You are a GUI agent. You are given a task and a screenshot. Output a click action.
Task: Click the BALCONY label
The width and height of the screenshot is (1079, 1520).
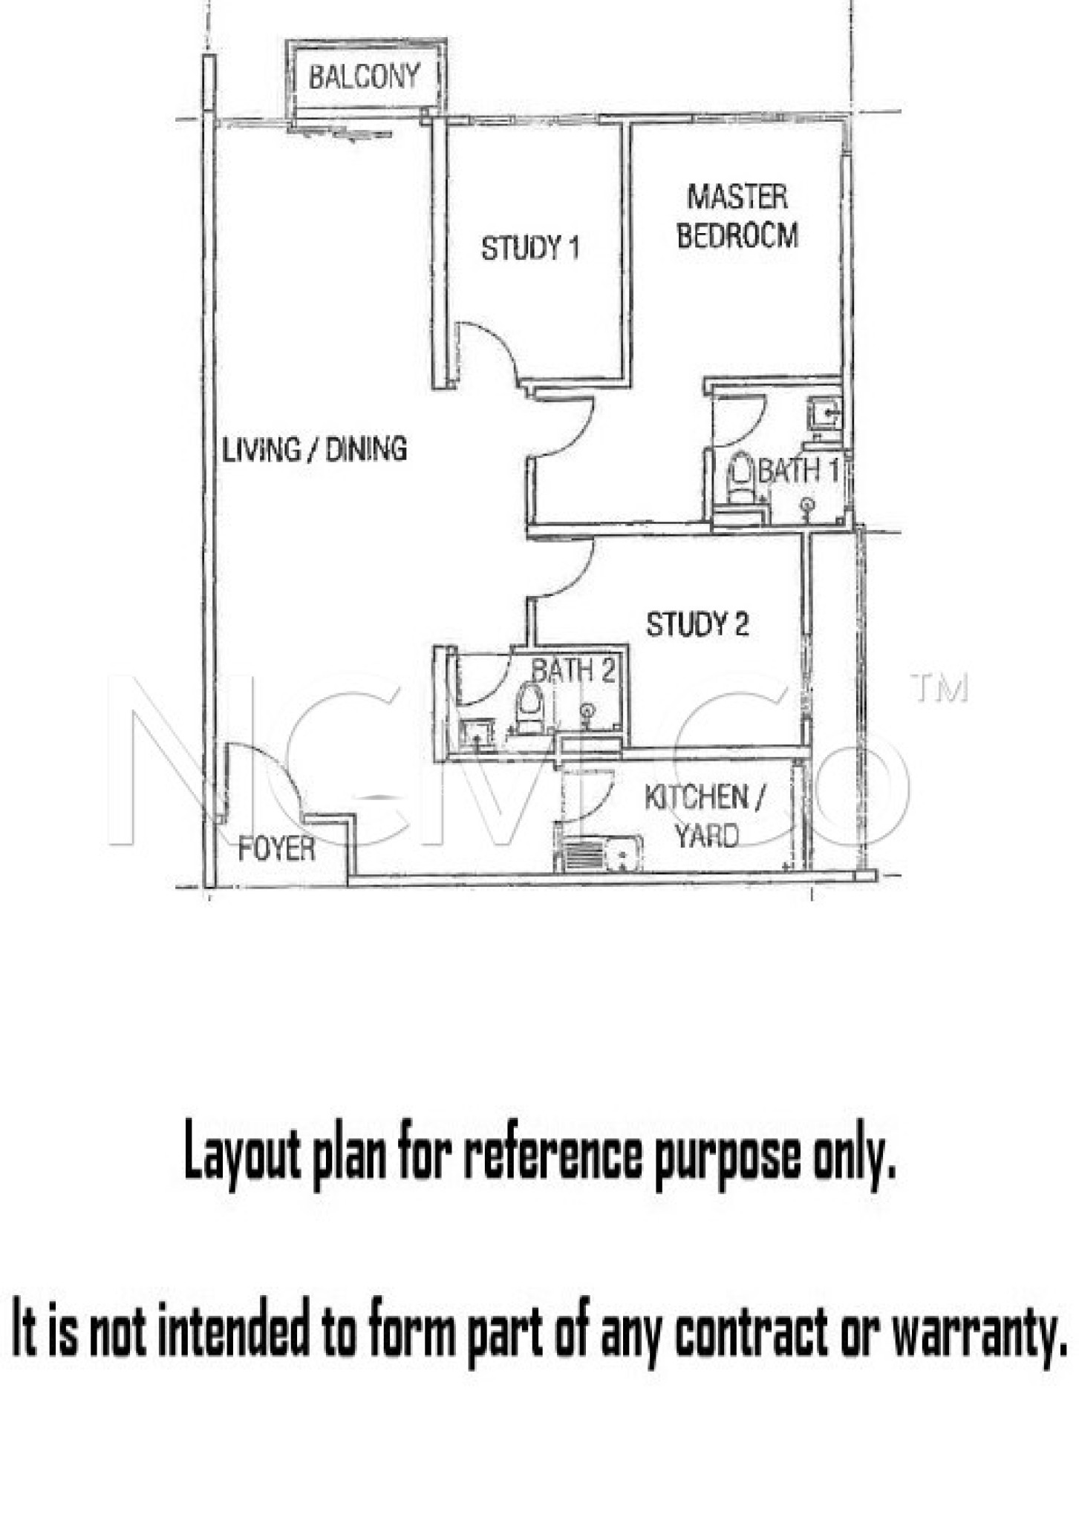pos(364,76)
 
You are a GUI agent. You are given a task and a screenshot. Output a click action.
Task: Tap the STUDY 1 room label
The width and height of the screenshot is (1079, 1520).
pos(530,248)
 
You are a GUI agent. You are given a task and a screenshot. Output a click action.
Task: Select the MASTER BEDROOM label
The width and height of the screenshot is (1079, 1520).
pos(737,216)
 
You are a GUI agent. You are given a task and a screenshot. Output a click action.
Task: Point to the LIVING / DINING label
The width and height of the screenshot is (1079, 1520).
pos(315,450)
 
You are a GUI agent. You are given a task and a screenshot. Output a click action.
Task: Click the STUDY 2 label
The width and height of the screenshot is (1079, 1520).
pos(697,624)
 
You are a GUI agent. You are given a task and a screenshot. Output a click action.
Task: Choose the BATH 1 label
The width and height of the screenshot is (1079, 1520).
pos(799,471)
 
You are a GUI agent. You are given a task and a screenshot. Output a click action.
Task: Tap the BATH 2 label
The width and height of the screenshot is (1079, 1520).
pos(573,671)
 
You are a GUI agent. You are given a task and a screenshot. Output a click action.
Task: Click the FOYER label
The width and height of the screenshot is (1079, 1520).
pos(276,849)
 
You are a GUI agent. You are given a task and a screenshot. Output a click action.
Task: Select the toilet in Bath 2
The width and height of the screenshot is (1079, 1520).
pos(529,708)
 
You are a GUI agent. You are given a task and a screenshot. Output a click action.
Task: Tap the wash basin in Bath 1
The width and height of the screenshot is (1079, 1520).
pos(825,412)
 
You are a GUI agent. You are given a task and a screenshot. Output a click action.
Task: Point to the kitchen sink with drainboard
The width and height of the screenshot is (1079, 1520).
pos(598,854)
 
